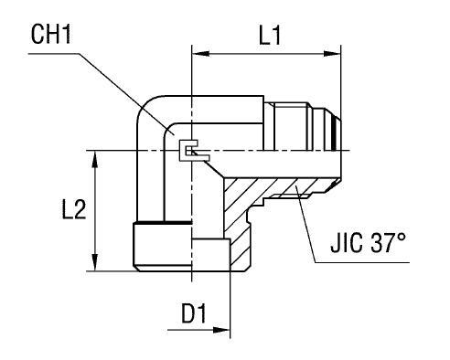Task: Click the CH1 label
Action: point(51,35)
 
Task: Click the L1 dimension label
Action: point(270,35)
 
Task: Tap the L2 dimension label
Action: point(74,209)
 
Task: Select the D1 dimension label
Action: point(194,313)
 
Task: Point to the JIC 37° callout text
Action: point(369,243)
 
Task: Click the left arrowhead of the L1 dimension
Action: point(200,54)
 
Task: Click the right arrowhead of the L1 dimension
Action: point(332,54)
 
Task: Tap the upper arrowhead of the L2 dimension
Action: point(95,159)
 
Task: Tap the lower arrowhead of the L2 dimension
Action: point(95,262)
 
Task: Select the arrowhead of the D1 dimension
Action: point(221,330)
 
